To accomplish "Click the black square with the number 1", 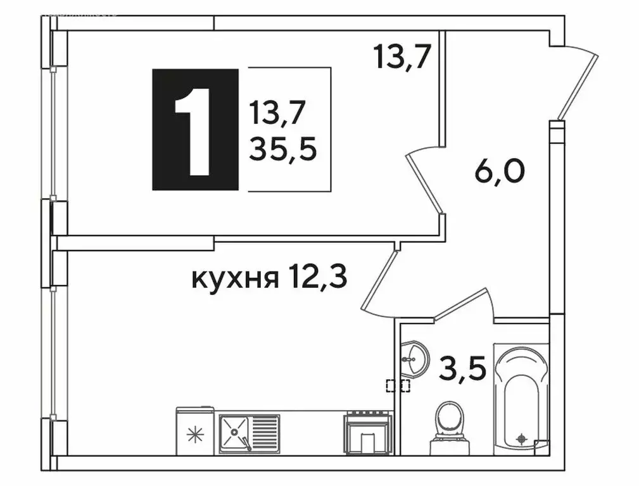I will pyautogui.click(x=195, y=129).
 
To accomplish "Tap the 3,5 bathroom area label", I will pyautogui.click(x=464, y=367).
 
